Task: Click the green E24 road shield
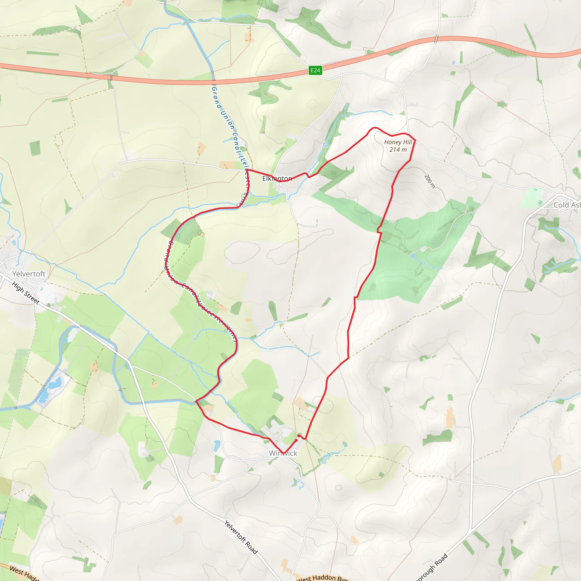point(315,70)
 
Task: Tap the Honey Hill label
point(398,142)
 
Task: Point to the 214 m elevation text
point(398,150)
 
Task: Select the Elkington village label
point(277,179)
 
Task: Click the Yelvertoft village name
point(29,274)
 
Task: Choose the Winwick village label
point(283,453)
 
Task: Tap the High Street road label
point(26,292)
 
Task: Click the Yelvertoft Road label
point(241,537)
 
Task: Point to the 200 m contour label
point(430,181)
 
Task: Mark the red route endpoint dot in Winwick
point(296,440)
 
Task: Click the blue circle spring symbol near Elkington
point(325,145)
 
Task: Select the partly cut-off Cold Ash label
point(567,205)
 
